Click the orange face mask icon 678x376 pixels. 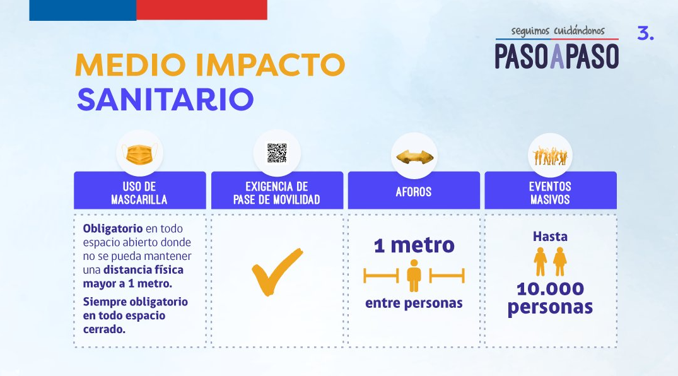tap(139, 155)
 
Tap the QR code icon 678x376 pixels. tap(277, 153)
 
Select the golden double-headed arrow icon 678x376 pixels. tap(414, 156)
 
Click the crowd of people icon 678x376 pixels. tap(550, 156)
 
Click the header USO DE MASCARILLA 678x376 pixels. tap(139, 193)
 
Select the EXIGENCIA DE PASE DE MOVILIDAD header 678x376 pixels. tap(277, 193)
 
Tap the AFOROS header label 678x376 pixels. tap(414, 192)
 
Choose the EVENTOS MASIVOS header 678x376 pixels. tap(550, 193)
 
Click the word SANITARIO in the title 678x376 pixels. tap(165, 100)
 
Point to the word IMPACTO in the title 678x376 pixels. tap(270, 65)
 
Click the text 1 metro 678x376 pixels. tap(414, 245)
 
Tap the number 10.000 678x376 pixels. tap(550, 288)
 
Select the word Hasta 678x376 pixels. tap(550, 236)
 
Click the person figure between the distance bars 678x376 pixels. tap(414, 276)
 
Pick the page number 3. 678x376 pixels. tap(646, 33)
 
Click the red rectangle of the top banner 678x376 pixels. tap(201, 10)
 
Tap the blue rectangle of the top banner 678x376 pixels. tap(83, 10)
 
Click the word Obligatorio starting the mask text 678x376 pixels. tap(113, 228)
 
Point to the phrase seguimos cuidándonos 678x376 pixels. tap(558, 31)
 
